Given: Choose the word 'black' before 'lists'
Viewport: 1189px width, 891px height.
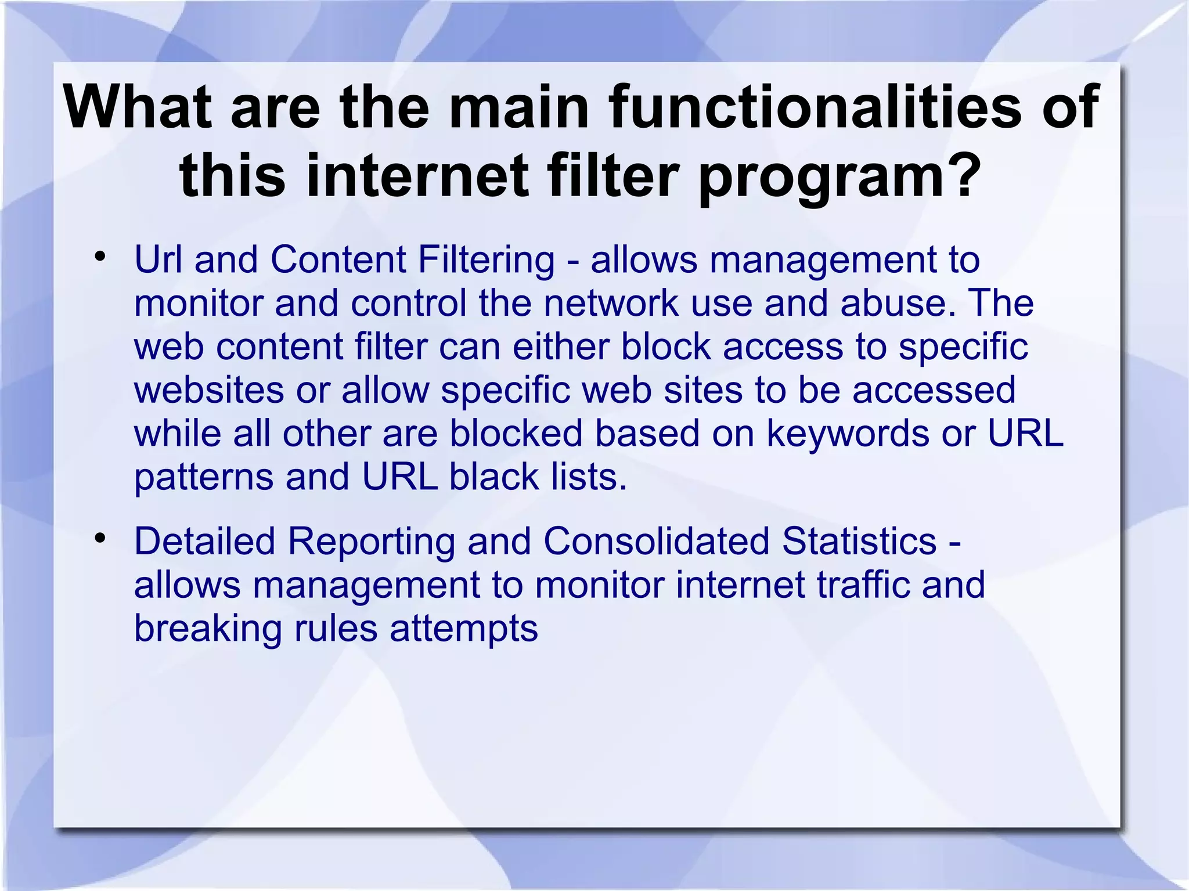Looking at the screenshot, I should pyautogui.click(x=494, y=477).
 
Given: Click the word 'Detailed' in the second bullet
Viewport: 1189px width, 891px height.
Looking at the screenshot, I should pyautogui.click(x=204, y=541).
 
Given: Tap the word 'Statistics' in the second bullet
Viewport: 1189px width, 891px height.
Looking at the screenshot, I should pyautogui.click(x=859, y=541).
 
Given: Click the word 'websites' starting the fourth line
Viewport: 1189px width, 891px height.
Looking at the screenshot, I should pyautogui.click(x=209, y=390).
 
